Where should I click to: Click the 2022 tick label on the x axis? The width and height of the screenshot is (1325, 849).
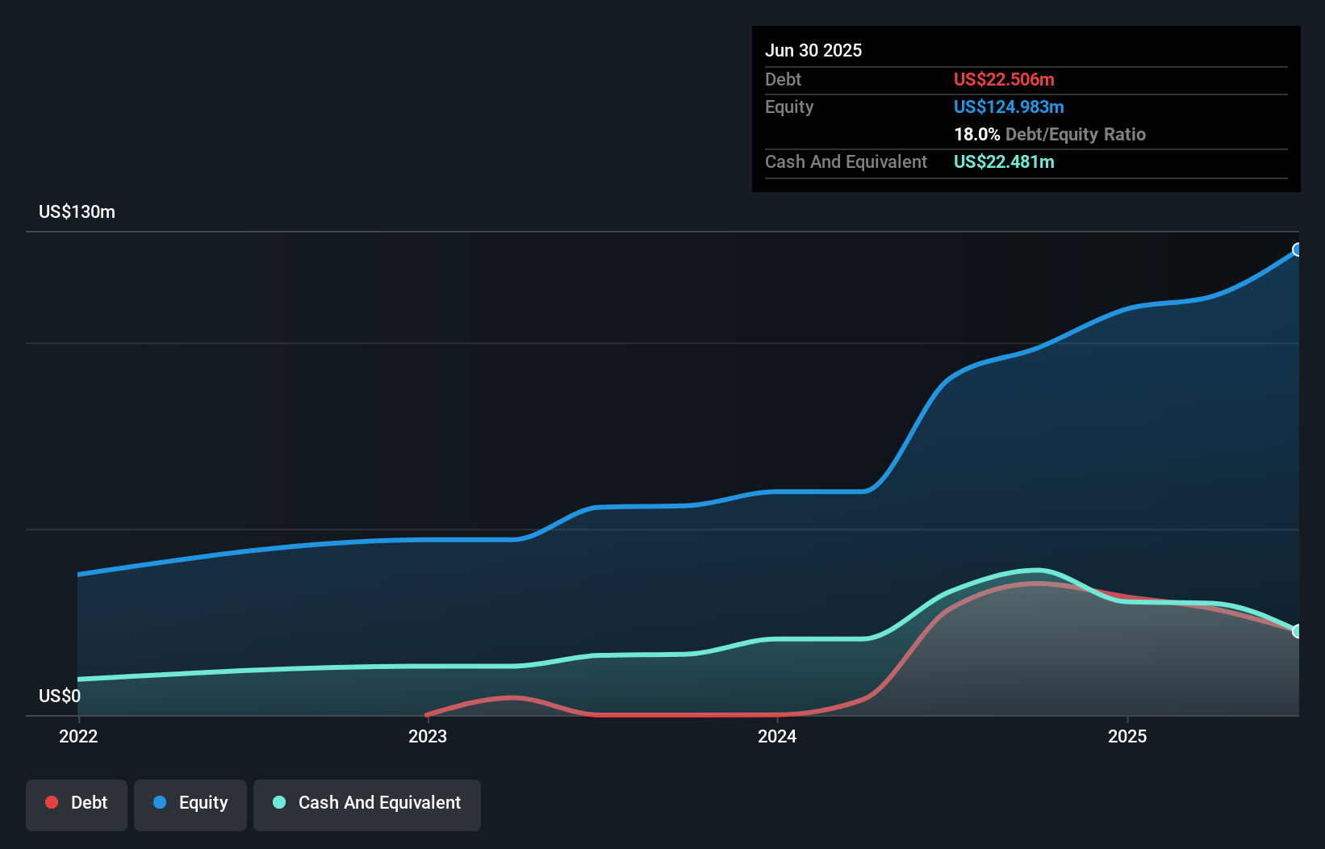(x=78, y=736)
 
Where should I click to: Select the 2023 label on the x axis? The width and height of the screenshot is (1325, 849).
(x=428, y=736)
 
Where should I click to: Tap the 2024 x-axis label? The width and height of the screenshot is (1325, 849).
(x=777, y=736)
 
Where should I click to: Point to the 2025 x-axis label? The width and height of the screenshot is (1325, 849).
(x=1127, y=736)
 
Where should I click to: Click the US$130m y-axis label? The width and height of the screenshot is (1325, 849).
(x=77, y=212)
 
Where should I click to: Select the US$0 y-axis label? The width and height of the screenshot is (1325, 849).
(x=60, y=696)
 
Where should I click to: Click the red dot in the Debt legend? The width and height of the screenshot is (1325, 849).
(x=52, y=802)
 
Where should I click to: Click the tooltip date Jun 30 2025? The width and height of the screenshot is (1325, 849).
(x=813, y=50)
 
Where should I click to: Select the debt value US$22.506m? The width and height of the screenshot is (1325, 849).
(x=1004, y=79)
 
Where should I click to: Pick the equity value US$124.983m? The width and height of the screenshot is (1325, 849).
(x=1009, y=107)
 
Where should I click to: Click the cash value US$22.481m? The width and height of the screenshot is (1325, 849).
(x=1004, y=161)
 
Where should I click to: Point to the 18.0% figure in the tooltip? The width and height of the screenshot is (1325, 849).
(x=976, y=134)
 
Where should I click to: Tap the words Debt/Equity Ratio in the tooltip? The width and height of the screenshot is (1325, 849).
(x=1076, y=134)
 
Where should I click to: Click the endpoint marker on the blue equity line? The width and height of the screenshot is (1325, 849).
(x=1298, y=249)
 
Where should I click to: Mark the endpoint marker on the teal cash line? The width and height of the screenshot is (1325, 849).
(x=1298, y=631)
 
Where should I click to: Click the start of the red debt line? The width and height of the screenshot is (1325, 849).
(x=427, y=714)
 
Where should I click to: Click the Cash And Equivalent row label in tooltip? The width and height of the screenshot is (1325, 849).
(x=846, y=161)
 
